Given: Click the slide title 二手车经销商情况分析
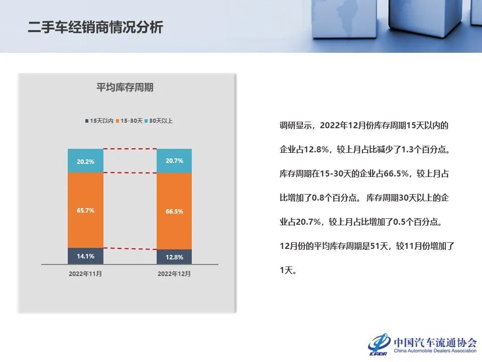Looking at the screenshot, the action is click(95, 27).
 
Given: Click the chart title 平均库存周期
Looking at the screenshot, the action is click(125, 87).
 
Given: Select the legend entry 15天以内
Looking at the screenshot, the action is click(99, 121).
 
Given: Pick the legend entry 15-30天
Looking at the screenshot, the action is click(129, 121).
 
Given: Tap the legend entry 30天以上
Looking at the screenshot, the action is click(159, 121).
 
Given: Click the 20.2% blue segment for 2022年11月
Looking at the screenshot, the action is click(85, 161).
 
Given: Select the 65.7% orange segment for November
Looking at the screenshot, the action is click(85, 210).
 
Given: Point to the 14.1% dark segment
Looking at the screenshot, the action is click(85, 256).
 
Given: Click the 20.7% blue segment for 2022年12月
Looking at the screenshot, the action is click(174, 161).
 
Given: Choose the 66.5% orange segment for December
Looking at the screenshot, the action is click(174, 211).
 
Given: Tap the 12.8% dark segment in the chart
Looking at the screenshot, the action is click(174, 257).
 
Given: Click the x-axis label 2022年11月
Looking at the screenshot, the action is click(85, 274).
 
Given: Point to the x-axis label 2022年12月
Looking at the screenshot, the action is click(174, 274).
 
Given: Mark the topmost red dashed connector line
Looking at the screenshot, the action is click(130, 149).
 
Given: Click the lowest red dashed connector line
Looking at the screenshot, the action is click(130, 249).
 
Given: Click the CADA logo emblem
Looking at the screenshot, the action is click(379, 344).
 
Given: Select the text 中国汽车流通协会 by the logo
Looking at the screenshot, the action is click(435, 342).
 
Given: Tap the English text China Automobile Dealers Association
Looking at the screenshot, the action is click(435, 351).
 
